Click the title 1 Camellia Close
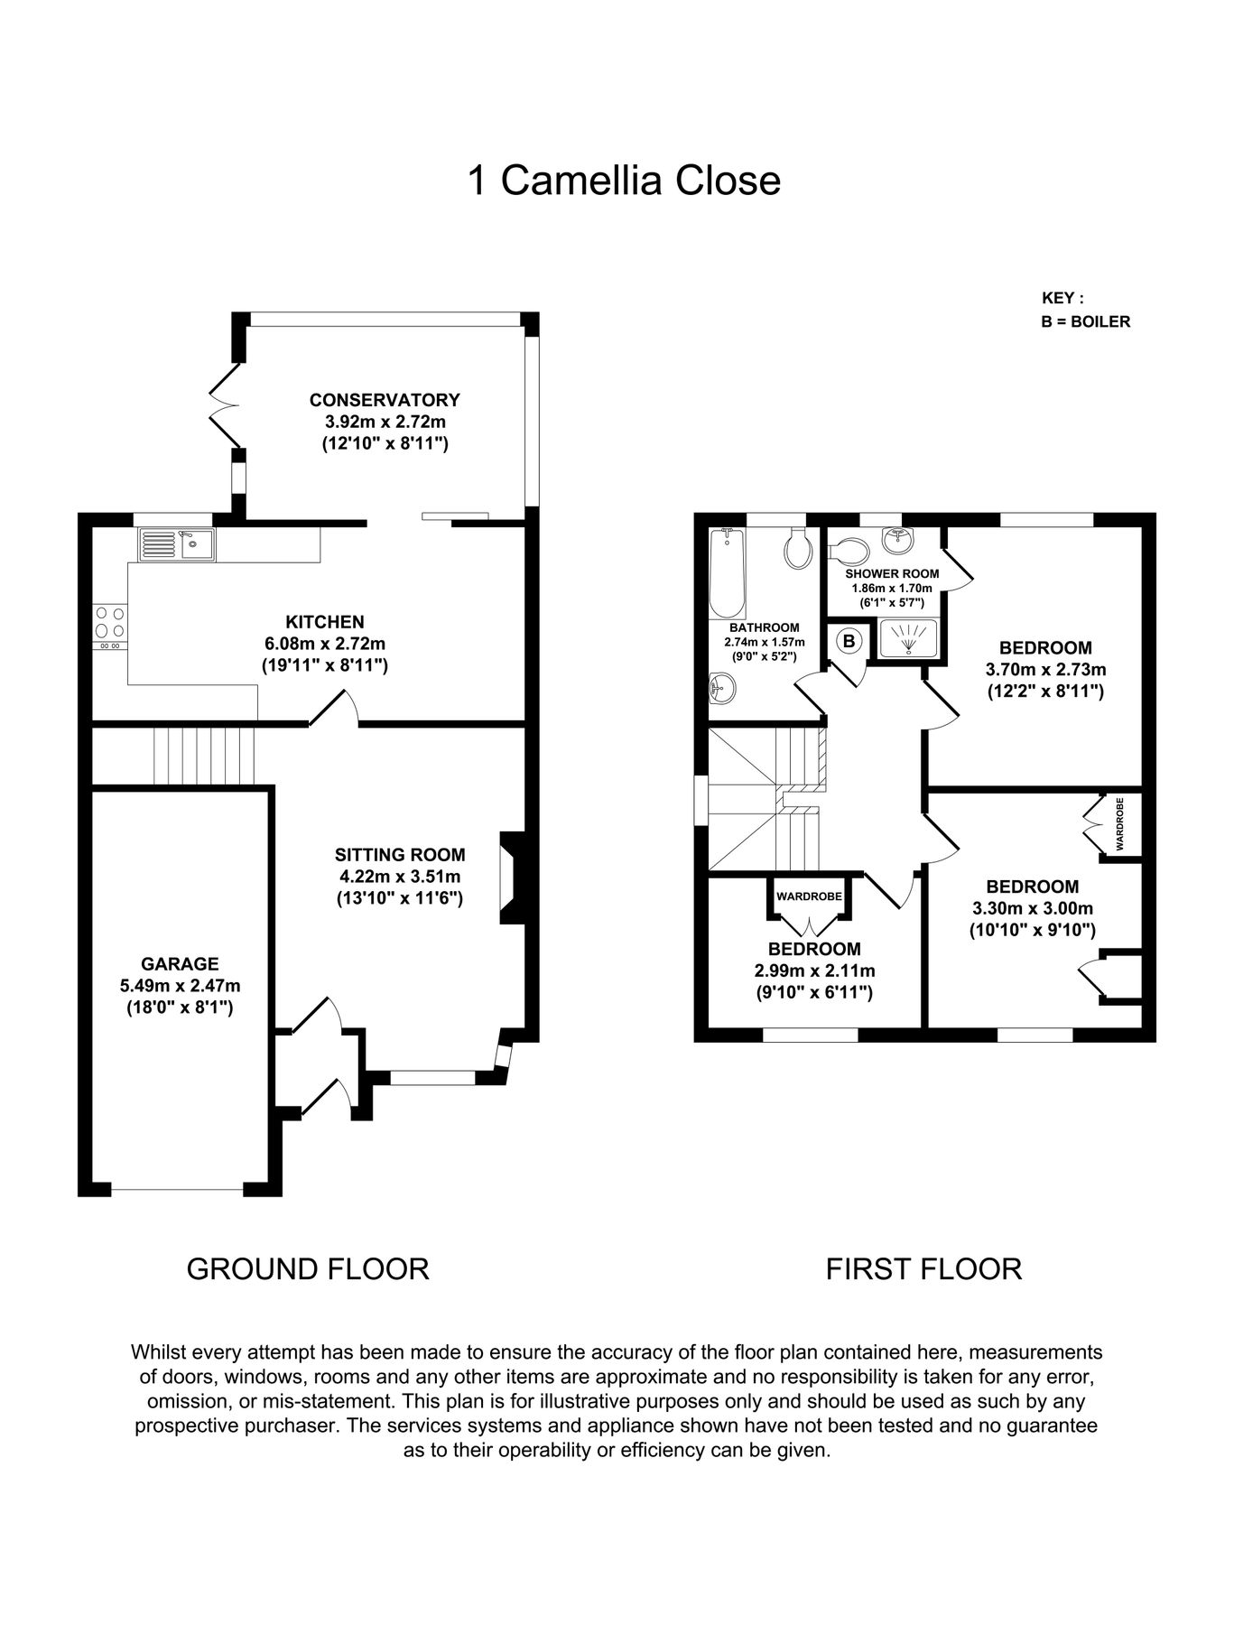click(624, 181)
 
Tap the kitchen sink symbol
click(176, 544)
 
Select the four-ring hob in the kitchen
click(110, 623)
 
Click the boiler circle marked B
click(849, 641)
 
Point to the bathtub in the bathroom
click(727, 571)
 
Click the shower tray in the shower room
click(907, 637)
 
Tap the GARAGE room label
click(180, 964)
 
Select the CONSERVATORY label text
click(385, 400)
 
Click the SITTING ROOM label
click(400, 855)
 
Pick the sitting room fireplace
click(510, 877)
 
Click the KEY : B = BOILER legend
click(1085, 310)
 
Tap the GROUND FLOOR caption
click(308, 1268)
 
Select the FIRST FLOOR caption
click(923, 1268)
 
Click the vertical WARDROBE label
click(1120, 823)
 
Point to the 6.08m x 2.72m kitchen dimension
click(324, 644)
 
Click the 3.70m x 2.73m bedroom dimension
click(1045, 670)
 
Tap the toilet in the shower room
click(849, 549)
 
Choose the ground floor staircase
click(203, 756)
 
